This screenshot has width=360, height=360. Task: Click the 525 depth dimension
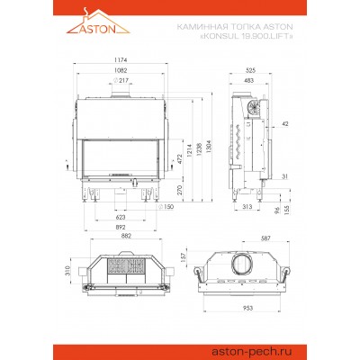click(250, 68)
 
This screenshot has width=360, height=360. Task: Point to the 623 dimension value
click(121, 217)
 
